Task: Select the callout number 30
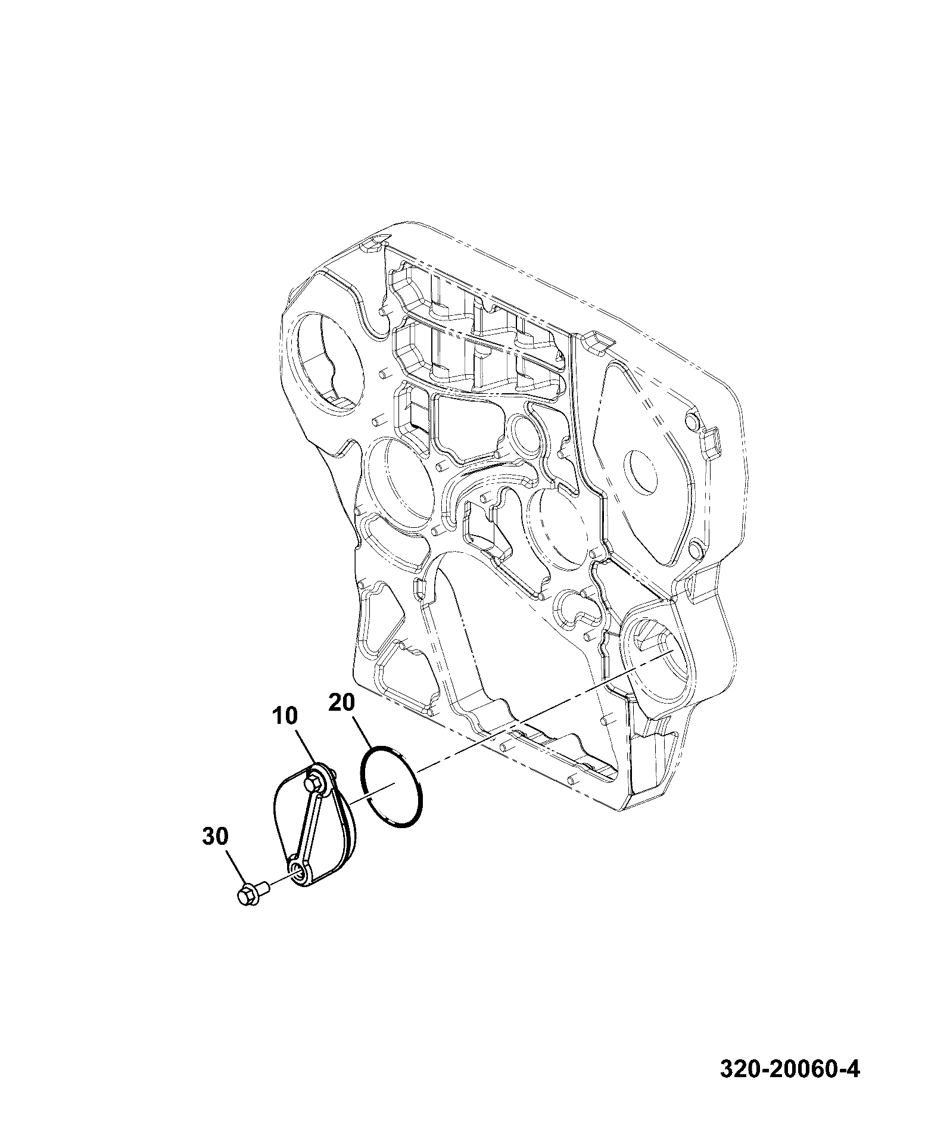pyautogui.click(x=215, y=837)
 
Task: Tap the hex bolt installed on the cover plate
pyautogui.click(x=314, y=781)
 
